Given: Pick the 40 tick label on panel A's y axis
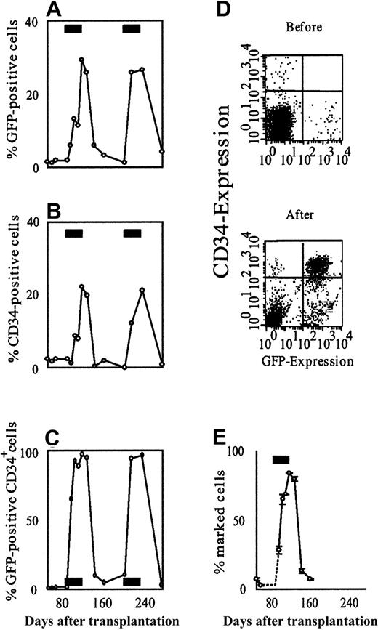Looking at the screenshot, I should pos(33,21).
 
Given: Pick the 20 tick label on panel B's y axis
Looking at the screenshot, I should pos(33,294).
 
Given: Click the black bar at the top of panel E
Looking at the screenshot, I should pos(281,459).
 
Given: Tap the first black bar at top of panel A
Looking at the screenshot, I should pos(74,28).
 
